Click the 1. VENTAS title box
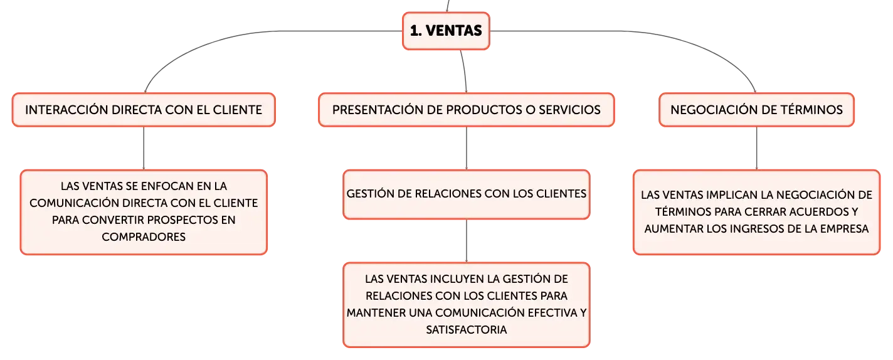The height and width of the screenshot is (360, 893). coord(446,31)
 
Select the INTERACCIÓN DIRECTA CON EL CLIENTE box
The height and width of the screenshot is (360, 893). coord(144,110)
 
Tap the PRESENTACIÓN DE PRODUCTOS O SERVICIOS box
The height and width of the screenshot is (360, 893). coord(466,110)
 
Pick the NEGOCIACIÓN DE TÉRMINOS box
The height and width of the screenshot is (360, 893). coord(756,110)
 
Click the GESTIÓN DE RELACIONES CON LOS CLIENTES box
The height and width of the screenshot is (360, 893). coord(466,194)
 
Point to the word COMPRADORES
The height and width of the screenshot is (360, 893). coord(144,237)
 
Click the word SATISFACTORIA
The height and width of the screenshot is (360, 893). coord(466,330)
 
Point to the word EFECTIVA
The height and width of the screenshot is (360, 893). coord(552,313)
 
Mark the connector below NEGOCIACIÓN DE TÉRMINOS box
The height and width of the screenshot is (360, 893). coord(756,148)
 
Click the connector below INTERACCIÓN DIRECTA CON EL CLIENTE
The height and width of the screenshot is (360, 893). coord(144,148)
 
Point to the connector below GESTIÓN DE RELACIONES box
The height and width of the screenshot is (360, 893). coord(466,241)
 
